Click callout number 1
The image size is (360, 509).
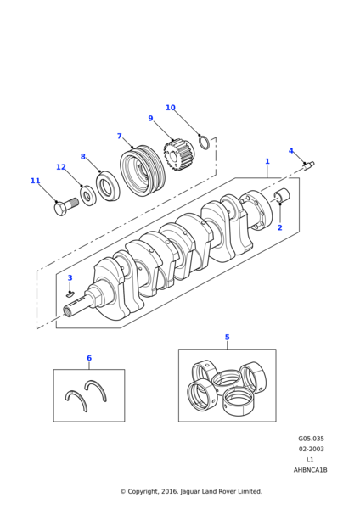267,161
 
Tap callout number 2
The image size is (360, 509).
279,227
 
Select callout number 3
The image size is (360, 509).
70,278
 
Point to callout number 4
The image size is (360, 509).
290,151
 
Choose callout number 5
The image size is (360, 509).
227,337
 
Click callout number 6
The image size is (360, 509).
89,358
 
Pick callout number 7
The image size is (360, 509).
120,136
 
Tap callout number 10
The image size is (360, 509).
170,108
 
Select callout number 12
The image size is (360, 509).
61,167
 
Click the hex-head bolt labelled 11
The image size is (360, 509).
65,206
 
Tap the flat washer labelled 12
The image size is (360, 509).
88,196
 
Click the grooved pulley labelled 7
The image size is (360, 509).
140,172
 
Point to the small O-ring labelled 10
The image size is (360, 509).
205,142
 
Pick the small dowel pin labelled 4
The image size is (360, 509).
308,165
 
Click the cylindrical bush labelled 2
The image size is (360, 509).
282,197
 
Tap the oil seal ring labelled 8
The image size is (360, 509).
108,186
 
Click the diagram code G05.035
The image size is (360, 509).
311,439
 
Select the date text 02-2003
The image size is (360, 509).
311,449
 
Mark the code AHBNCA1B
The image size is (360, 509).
311,469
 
